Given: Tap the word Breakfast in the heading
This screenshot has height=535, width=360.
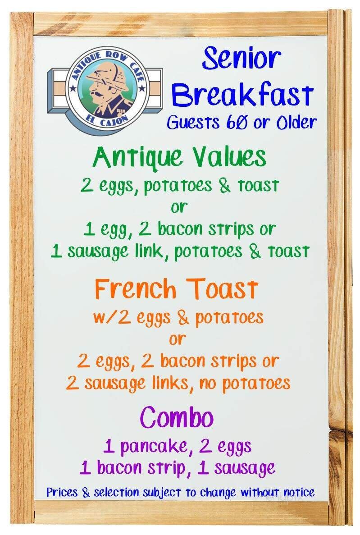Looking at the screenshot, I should pyautogui.click(x=243, y=95).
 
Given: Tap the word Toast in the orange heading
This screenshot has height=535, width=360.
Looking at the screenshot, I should pyautogui.click(x=223, y=289).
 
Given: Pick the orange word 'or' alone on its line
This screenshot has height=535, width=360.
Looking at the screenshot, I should pyautogui.click(x=177, y=339).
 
